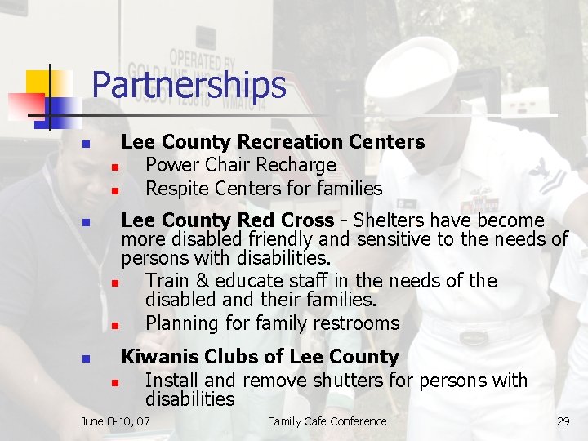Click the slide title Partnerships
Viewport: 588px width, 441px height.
189,85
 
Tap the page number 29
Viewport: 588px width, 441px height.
563,421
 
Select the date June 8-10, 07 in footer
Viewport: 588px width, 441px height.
115,421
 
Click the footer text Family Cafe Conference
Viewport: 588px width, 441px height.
327,421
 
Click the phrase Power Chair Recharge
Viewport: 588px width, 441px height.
240,165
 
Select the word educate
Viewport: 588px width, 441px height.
250,281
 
